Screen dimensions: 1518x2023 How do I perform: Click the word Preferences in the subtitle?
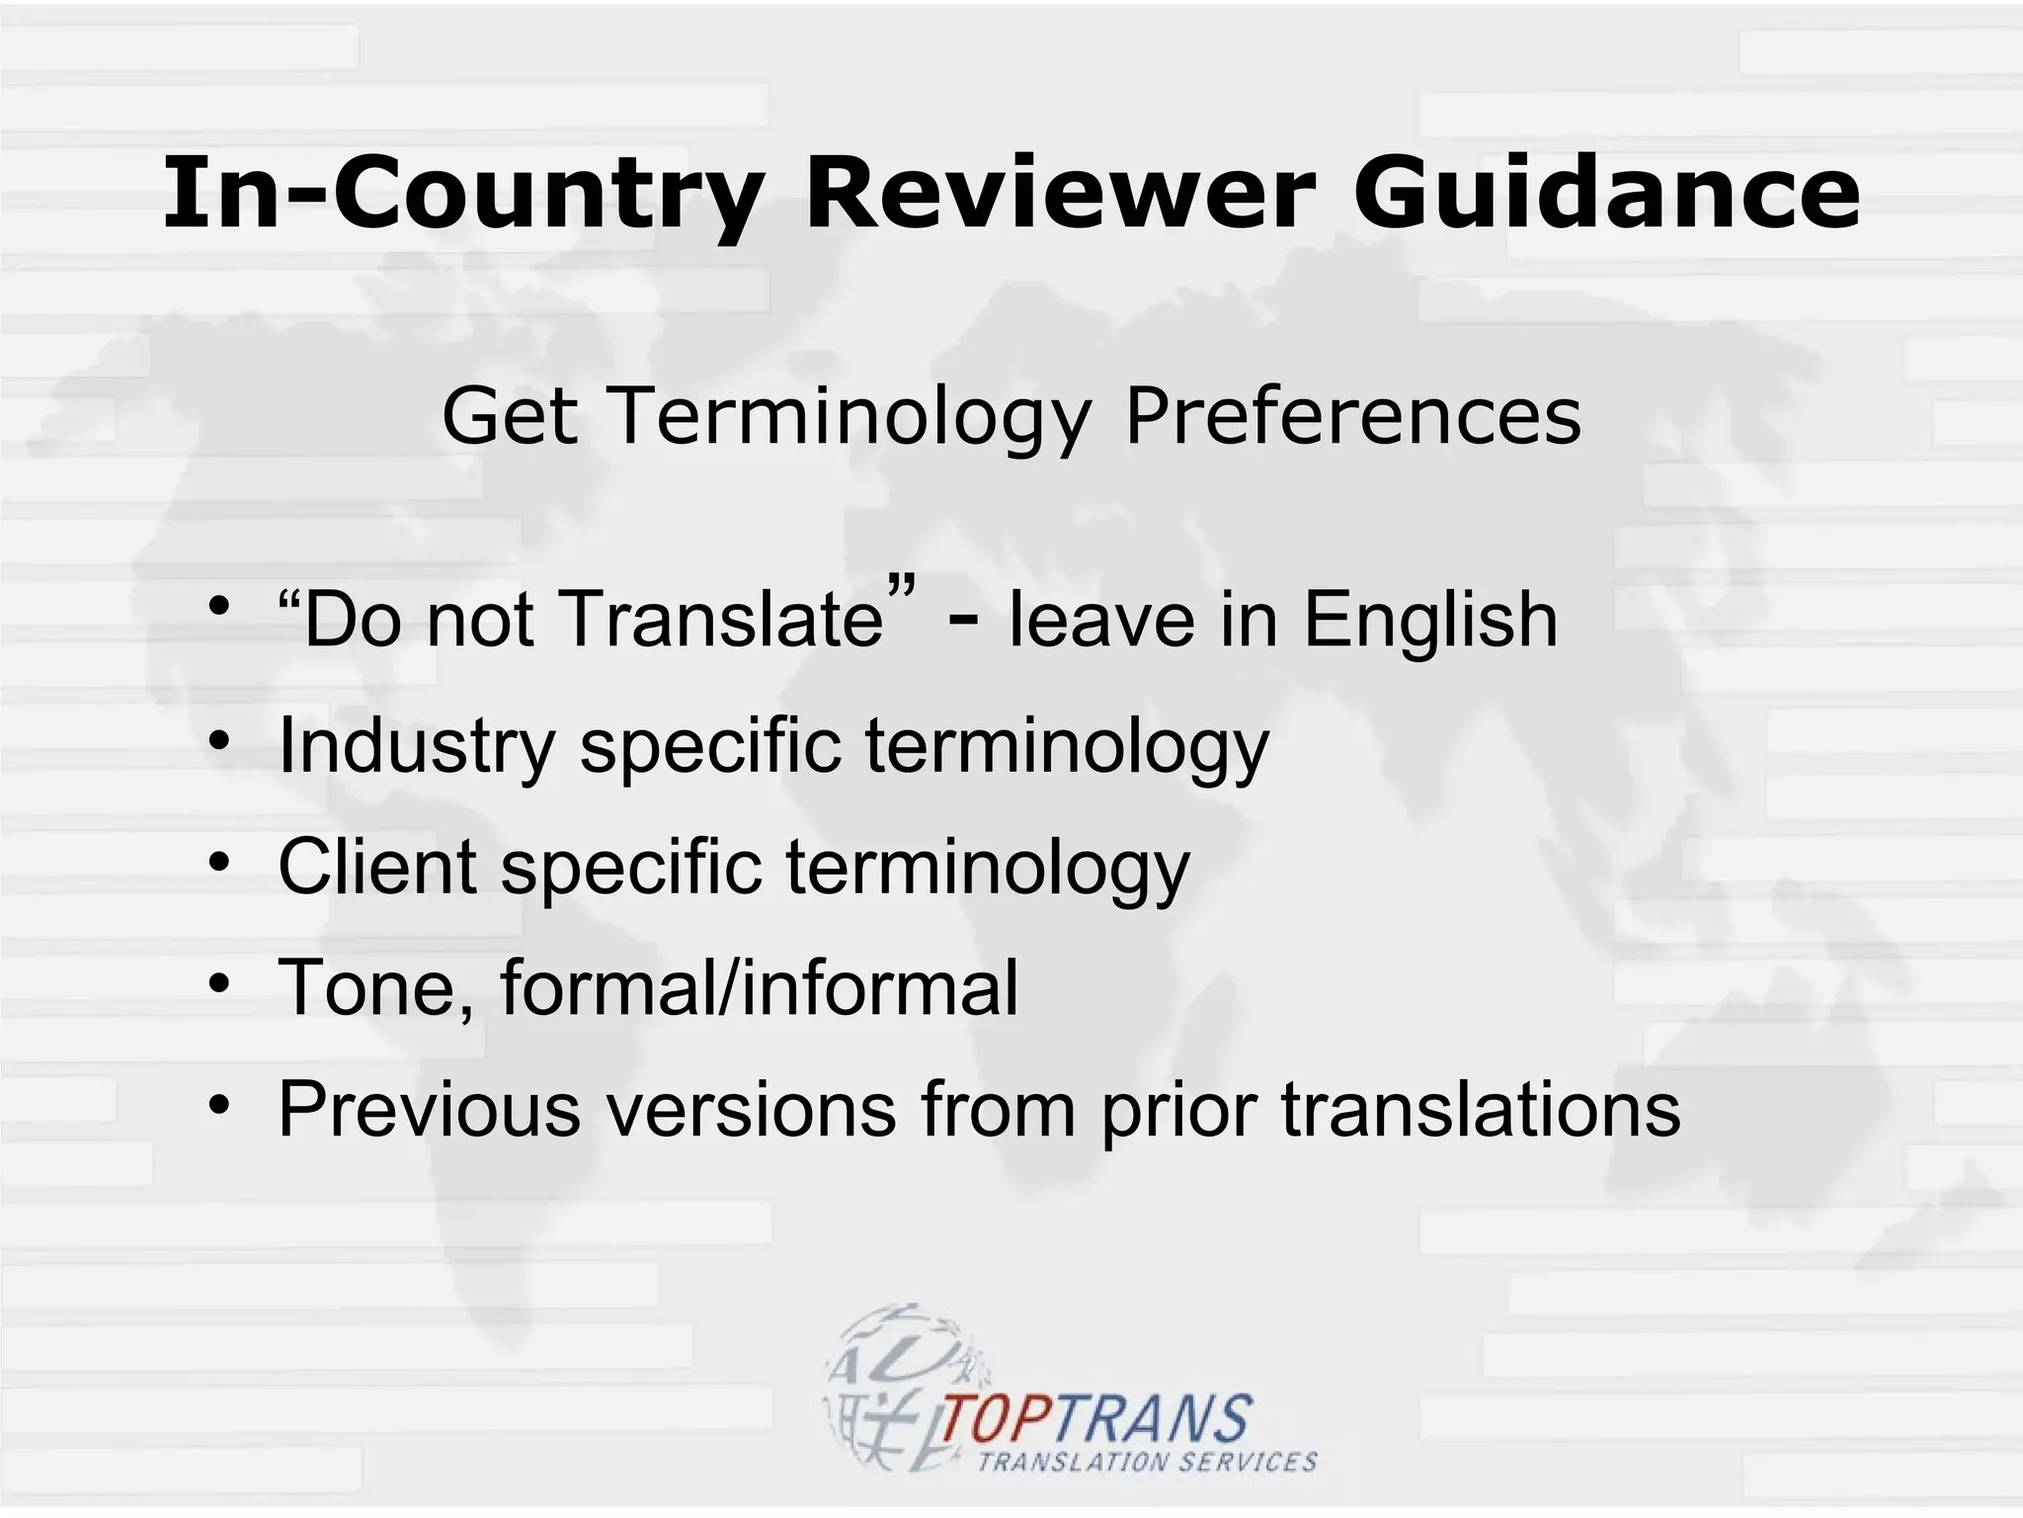point(1352,416)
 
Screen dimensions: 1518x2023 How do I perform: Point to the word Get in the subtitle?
point(509,416)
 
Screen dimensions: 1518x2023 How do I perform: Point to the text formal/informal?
point(759,987)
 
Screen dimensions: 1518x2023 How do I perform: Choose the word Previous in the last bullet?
point(429,1109)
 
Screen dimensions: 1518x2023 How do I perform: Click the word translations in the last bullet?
point(1481,1109)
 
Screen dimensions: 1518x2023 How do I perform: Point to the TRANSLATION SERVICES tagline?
point(1147,1462)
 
